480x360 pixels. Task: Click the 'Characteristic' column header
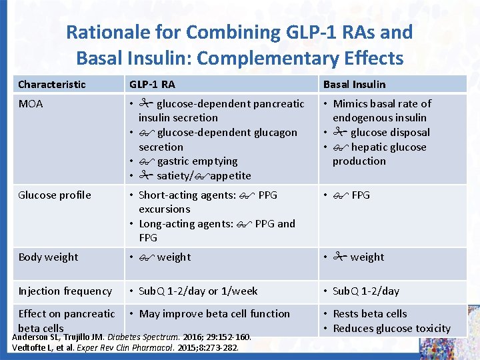click(52, 84)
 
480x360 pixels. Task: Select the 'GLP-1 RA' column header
click(152, 84)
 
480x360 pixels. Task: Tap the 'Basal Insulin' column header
click(354, 84)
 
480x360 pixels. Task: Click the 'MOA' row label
click(31, 104)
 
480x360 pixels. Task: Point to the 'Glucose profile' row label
click(55, 195)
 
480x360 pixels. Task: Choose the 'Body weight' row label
click(48, 257)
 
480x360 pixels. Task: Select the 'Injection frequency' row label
click(65, 291)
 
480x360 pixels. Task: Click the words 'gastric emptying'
click(197, 161)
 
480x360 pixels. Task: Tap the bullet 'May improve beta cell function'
click(214, 314)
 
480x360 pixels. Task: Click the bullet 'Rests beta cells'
click(369, 314)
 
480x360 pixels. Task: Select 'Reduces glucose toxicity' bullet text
click(391, 328)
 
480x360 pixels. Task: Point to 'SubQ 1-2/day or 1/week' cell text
click(198, 291)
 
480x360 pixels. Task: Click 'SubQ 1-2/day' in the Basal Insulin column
click(366, 291)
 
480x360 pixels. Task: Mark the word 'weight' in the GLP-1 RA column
click(173, 257)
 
